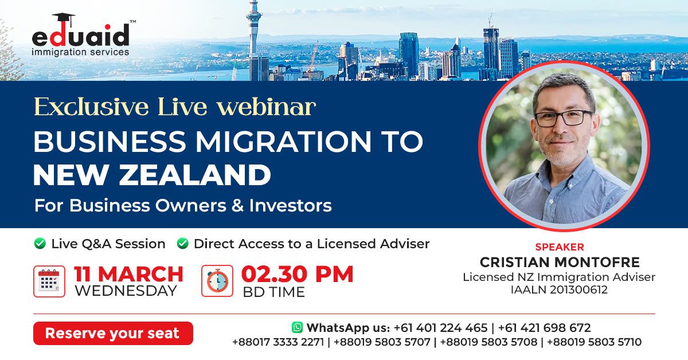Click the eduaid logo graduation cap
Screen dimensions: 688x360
pos(64,19)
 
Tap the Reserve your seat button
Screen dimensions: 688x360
pos(113,333)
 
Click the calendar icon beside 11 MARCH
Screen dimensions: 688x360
pos(49,281)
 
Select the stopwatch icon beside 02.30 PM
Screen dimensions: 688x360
pos(217,281)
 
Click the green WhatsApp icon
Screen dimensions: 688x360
pos(297,327)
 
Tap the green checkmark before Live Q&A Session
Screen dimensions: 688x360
pos(40,244)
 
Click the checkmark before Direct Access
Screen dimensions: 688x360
pos(183,244)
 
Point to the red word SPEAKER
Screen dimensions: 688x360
pos(560,247)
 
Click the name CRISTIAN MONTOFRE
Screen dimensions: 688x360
pos(560,263)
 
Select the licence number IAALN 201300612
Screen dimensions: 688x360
pos(560,289)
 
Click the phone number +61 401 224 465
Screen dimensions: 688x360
pos(440,328)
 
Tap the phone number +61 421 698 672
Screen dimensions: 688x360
pos(544,328)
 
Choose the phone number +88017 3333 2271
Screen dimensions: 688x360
pos(278,342)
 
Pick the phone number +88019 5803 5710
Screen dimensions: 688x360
pos(595,342)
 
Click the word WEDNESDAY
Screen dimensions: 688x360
pos(126,291)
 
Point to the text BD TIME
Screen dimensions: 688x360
pos(273,292)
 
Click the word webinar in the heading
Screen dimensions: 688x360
pos(266,107)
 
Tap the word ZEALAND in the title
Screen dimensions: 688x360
pos(195,175)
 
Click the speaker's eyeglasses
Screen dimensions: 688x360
pos(564,118)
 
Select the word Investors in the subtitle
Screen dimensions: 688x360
pos(290,205)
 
